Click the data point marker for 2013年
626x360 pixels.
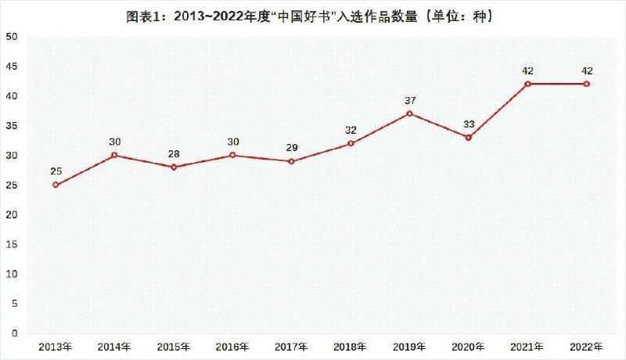pyautogui.click(x=56, y=185)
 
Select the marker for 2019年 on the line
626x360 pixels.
pyautogui.click(x=410, y=113)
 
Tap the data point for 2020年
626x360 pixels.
pyautogui.click(x=469, y=138)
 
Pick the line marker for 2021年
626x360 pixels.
pyautogui.click(x=528, y=84)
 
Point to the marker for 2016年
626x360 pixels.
pyautogui.click(x=232, y=155)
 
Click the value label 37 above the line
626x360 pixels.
pyautogui.click(x=410, y=100)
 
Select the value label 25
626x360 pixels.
pyautogui.click(x=56, y=171)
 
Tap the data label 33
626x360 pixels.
pyautogui.click(x=469, y=124)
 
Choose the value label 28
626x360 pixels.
pyautogui.click(x=174, y=153)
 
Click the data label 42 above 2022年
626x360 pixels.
pyautogui.click(x=587, y=70)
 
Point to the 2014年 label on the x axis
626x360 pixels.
pyautogui.click(x=114, y=346)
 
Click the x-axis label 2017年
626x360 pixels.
pyautogui.click(x=292, y=346)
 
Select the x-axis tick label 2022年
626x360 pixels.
pyautogui.click(x=587, y=346)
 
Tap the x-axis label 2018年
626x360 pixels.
pyautogui.click(x=351, y=346)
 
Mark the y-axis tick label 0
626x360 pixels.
pyautogui.click(x=14, y=333)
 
